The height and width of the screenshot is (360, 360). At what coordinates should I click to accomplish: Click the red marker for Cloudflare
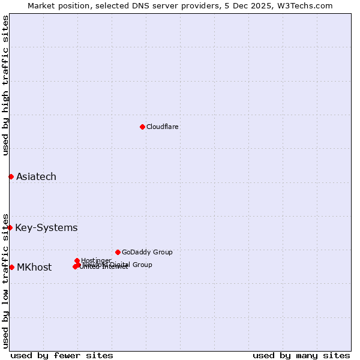coord(142,127)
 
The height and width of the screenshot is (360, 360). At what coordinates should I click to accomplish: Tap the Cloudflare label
coord(163,127)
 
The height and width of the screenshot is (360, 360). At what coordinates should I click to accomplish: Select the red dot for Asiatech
coord(11,176)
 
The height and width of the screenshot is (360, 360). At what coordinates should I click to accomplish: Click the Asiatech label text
coord(36,176)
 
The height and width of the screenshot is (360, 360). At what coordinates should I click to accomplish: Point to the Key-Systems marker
coord(10,227)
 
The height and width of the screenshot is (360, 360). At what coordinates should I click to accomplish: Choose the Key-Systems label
coord(46,227)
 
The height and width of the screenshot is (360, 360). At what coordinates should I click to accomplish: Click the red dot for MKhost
coord(11,267)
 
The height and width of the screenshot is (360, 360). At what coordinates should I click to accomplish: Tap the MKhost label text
coord(34,268)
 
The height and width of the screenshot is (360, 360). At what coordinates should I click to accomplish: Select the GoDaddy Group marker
coord(118,252)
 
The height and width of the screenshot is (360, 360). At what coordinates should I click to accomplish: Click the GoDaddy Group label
coord(147,252)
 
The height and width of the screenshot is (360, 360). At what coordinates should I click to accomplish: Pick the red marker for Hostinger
coord(77,260)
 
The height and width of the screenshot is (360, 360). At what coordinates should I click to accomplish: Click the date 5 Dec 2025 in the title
coord(253,6)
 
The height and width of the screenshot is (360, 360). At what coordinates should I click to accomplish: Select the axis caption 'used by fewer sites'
coord(62,355)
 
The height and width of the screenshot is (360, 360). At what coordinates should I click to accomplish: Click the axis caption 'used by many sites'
coord(301,355)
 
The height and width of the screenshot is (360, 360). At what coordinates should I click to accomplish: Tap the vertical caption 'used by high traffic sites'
coord(6,85)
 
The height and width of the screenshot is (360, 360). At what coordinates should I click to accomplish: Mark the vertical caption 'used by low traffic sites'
coord(6,280)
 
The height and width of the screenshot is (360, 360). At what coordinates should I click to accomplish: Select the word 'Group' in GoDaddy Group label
coord(163,252)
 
